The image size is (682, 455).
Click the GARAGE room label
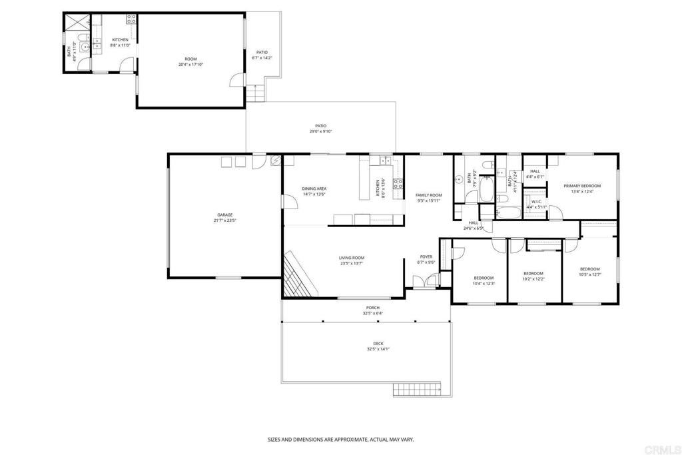pos(224,215)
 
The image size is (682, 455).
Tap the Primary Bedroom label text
pos(582,186)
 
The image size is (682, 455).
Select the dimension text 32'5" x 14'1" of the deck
pos(378,349)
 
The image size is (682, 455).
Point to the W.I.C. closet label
pos(537,201)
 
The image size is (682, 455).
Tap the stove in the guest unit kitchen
pos(131,19)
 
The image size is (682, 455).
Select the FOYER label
pos(426,256)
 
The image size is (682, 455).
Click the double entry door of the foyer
pos(422,282)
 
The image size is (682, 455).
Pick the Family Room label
pos(429,195)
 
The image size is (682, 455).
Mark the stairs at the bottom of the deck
pos(417,389)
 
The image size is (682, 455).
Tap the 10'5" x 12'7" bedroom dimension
pos(589,274)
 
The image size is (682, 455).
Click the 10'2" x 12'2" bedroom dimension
pos(533,278)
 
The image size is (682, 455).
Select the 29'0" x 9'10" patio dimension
pos(320,131)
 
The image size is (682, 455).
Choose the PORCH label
pos(372,308)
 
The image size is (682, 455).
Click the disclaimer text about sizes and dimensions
pos(340,440)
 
